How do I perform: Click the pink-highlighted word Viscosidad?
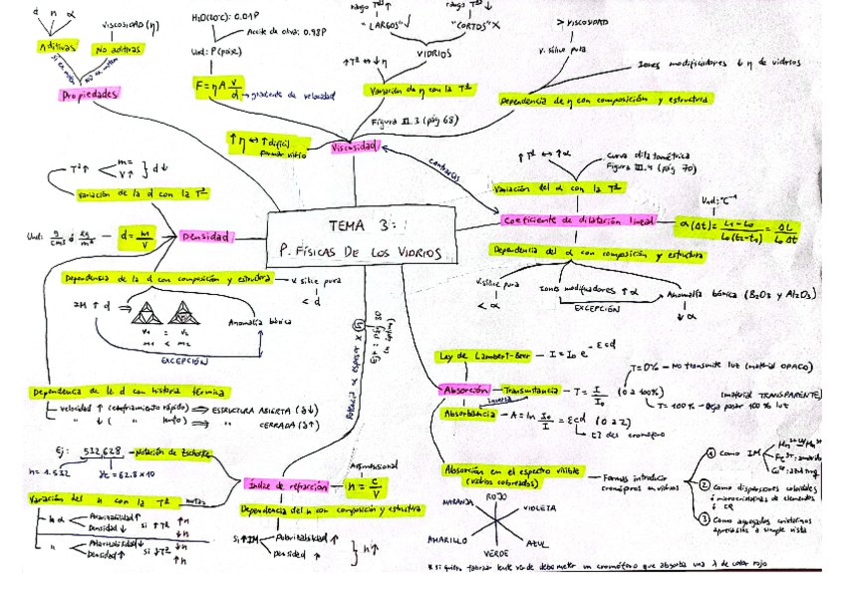click(x=355, y=148)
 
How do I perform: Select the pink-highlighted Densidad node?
click(x=205, y=237)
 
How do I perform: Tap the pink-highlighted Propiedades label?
click(x=90, y=95)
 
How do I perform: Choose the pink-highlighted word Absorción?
click(x=464, y=390)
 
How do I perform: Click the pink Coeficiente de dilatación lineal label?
click(x=579, y=220)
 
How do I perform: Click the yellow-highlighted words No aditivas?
click(x=115, y=48)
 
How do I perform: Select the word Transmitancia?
click(x=531, y=390)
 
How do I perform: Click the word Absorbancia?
click(x=468, y=413)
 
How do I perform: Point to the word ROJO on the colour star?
click(x=496, y=495)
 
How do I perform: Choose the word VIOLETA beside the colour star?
click(x=539, y=507)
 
